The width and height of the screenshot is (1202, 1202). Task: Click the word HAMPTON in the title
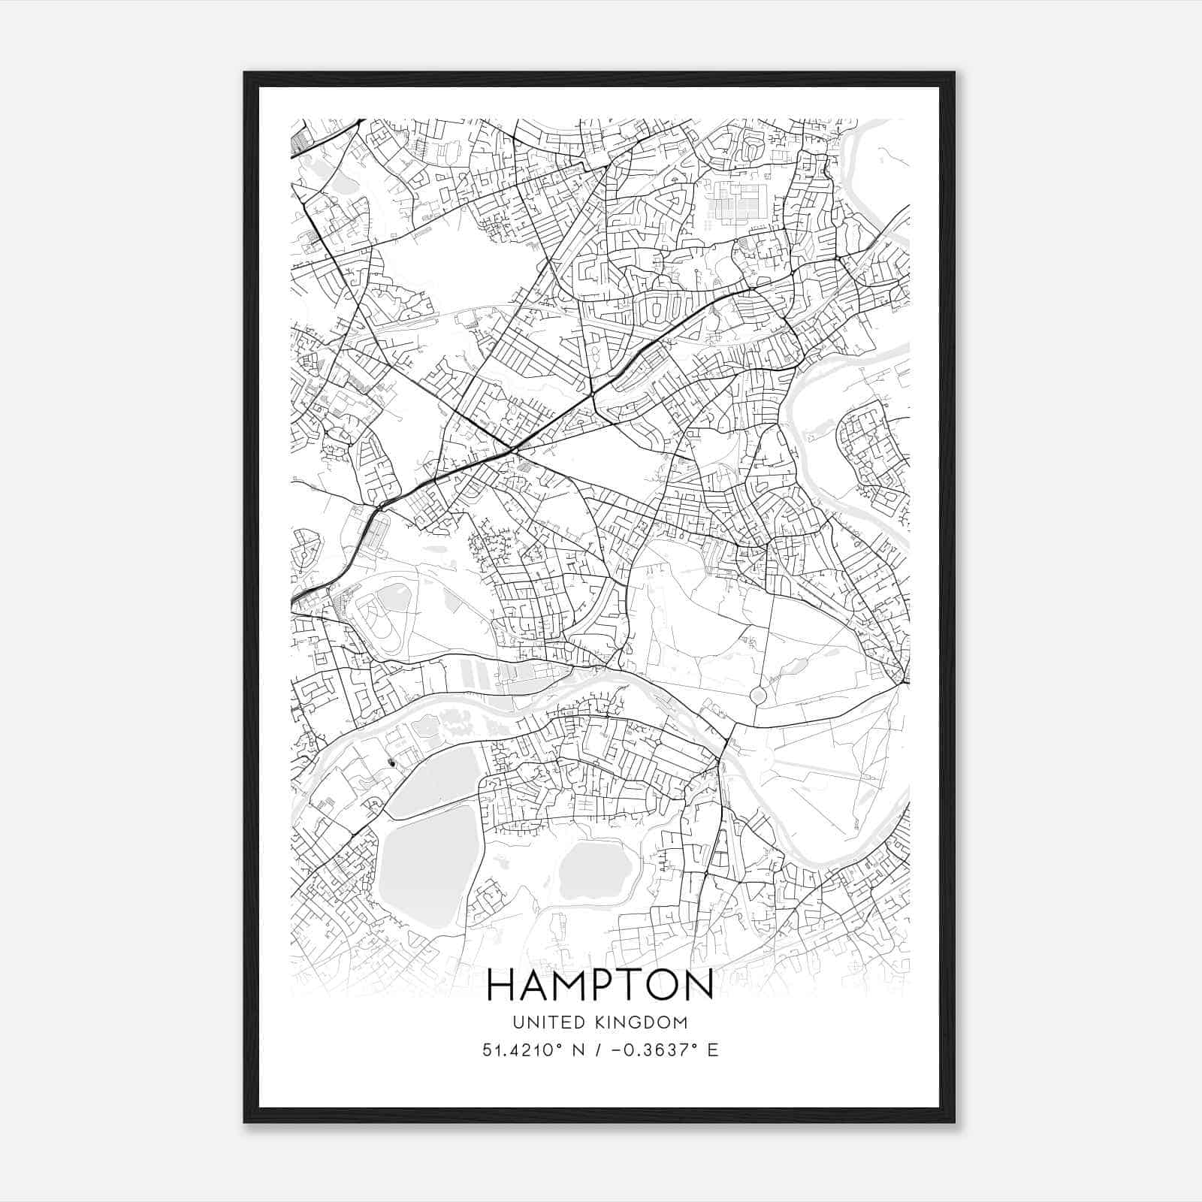(x=600, y=985)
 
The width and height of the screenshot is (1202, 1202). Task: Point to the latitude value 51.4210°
(x=523, y=1049)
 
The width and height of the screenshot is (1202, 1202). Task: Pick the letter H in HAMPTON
(x=501, y=985)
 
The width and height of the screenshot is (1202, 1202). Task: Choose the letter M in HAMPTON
(x=569, y=985)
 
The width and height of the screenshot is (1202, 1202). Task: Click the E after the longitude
(x=712, y=1049)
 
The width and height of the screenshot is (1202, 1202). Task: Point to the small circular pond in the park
(x=758, y=696)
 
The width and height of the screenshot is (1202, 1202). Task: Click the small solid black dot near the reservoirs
(x=390, y=763)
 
